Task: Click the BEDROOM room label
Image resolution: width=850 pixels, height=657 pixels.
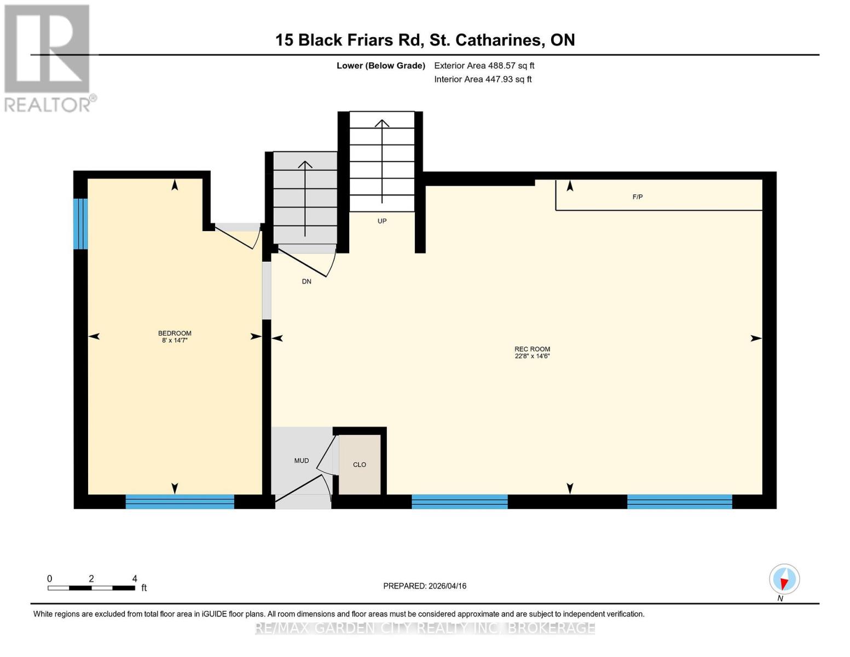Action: pos(175,333)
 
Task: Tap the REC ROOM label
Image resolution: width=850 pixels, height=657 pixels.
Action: pos(532,349)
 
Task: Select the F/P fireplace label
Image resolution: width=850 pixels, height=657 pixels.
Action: pos(637,197)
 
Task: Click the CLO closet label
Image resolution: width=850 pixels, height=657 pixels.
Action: pos(359,464)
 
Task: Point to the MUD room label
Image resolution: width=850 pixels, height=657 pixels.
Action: pos(301,460)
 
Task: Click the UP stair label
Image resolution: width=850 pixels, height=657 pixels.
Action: pos(381,221)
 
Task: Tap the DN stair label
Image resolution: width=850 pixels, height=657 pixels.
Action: pos(307,281)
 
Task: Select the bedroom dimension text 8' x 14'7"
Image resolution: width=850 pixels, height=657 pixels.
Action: pos(175,341)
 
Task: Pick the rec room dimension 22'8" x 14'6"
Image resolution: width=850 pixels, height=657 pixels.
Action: pos(532,356)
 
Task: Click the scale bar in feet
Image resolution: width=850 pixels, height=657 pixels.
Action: pos(91,587)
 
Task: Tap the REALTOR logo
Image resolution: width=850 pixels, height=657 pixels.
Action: pos(48,58)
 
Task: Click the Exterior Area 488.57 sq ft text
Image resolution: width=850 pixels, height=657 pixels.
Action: pos(484,66)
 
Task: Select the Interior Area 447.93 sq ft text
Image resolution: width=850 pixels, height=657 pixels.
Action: pos(483,79)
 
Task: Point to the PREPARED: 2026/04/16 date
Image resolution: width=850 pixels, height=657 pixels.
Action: pos(425,586)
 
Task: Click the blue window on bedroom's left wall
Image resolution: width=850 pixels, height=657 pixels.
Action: pos(80,223)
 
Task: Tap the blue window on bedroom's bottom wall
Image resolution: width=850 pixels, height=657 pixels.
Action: pos(180,502)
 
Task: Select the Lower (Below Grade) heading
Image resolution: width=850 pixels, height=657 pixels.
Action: pos(380,66)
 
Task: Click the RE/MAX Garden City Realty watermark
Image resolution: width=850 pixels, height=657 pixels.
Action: pos(425,627)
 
